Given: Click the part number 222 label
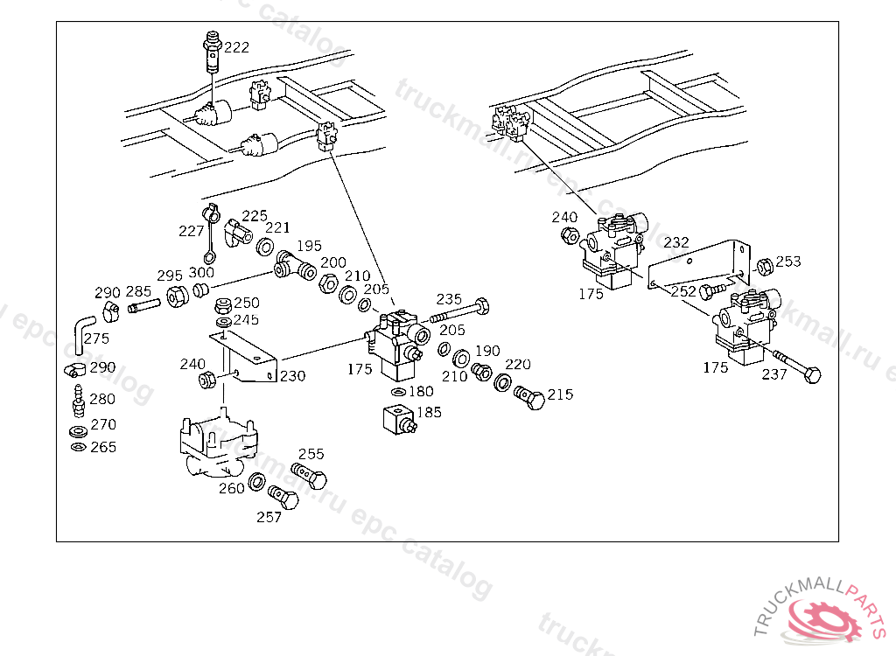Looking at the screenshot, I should click(x=236, y=47).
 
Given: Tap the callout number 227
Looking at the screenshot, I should click(x=191, y=231).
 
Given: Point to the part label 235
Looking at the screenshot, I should click(x=449, y=299).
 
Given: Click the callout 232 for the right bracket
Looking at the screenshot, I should click(x=676, y=242).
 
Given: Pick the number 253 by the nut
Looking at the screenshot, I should click(x=787, y=262).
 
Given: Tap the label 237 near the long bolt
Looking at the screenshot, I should click(x=773, y=374).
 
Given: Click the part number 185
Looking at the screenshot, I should click(x=430, y=412).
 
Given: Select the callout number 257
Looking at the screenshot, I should click(x=269, y=517).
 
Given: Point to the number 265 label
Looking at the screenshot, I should click(x=102, y=447).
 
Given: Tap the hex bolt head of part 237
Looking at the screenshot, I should click(x=811, y=375).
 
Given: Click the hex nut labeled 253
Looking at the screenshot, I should click(x=762, y=265).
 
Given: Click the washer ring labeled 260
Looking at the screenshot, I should click(x=258, y=481).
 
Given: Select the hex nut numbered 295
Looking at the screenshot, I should click(x=175, y=297).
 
